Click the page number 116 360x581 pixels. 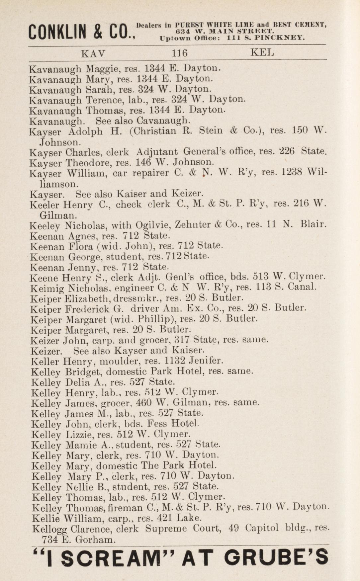(179, 53)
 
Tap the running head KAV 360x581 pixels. (93, 53)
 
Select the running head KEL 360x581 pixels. (263, 53)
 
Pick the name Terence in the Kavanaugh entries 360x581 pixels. (103, 100)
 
